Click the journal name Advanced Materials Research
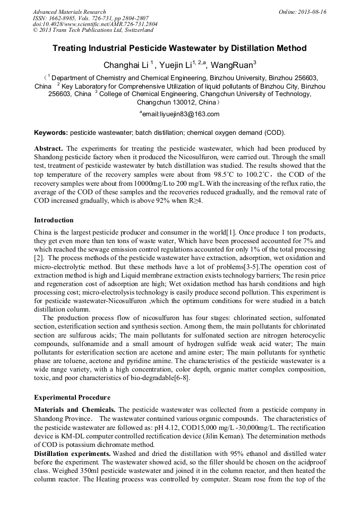click(x=69, y=12)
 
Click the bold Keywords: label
click(x=51, y=132)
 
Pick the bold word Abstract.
click(x=49, y=149)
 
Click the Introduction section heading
click(x=54, y=220)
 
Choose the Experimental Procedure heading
click(x=72, y=397)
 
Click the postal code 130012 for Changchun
click(x=178, y=102)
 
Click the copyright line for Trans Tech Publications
click(x=93, y=30)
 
